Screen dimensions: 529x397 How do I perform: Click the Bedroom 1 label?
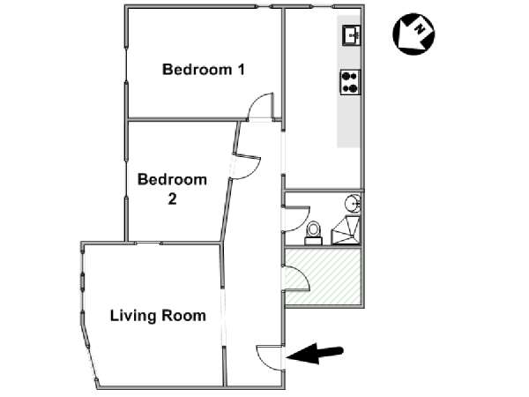point(204,70)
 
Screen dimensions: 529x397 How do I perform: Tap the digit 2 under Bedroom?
point(172,198)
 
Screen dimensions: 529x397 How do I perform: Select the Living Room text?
point(158,316)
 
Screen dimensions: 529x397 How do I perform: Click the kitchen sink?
point(352,35)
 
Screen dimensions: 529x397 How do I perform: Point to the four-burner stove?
point(350,82)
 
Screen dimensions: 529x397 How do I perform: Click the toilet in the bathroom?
point(313,233)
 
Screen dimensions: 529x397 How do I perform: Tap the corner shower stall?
point(346,230)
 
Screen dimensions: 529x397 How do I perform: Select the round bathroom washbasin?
point(353,204)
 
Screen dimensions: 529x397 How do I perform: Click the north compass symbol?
point(414,34)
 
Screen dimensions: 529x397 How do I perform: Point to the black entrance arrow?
point(315,354)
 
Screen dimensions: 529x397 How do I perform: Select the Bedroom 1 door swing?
point(260,106)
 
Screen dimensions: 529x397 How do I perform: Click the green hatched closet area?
point(323,277)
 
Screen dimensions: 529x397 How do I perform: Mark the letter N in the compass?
point(420,29)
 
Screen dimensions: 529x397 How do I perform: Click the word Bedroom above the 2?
point(172,179)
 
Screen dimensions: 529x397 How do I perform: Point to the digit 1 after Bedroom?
point(241,70)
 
